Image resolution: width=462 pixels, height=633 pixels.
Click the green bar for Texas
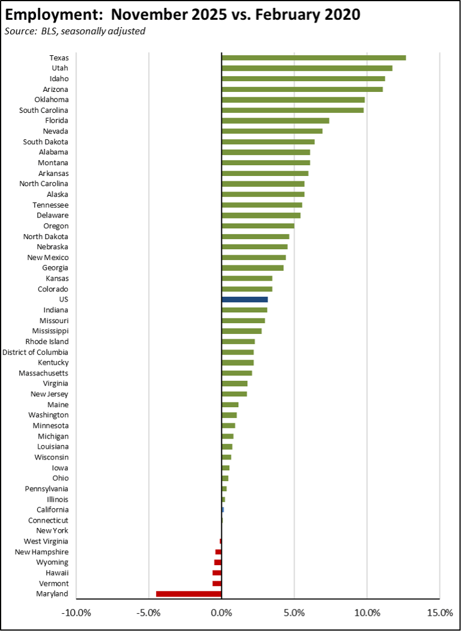[x=313, y=58]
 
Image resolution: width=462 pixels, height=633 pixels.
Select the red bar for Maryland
[x=188, y=594]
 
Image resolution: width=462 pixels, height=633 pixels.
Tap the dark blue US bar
[x=244, y=299]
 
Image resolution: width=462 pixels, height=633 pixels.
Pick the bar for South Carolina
[x=292, y=110]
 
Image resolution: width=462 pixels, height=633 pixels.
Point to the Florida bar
[x=275, y=121]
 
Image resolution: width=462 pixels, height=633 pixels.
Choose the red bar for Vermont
[x=217, y=583]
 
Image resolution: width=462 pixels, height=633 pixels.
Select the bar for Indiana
[x=244, y=310]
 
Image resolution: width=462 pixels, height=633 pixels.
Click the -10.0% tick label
[x=76, y=613]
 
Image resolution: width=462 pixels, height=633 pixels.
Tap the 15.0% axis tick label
[x=439, y=613]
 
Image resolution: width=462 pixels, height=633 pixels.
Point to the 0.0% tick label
[x=221, y=613]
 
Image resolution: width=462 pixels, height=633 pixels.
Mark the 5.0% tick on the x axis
[x=294, y=613]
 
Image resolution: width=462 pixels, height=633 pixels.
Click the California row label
[x=52, y=510]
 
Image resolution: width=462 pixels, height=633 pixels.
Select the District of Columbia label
[x=35, y=352]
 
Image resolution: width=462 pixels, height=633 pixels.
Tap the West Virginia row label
[x=46, y=541]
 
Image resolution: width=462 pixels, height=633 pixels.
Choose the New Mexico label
[x=47, y=257]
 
